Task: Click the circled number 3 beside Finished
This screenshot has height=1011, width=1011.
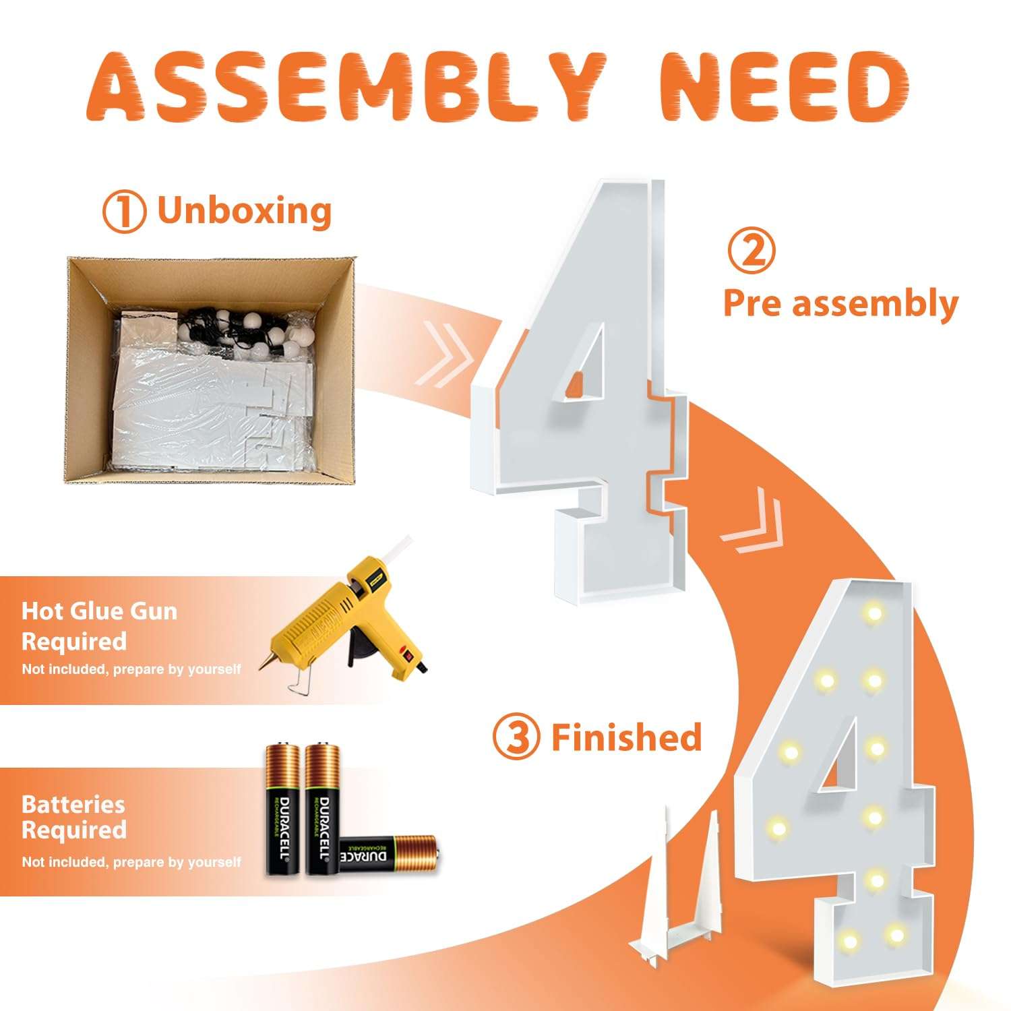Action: (x=516, y=739)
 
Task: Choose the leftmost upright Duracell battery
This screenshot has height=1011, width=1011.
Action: (x=284, y=809)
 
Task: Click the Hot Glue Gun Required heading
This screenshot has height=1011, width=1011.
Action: (x=100, y=626)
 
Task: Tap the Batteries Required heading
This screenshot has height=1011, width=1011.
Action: (x=73, y=817)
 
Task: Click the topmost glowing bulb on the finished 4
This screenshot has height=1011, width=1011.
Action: (x=874, y=613)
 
